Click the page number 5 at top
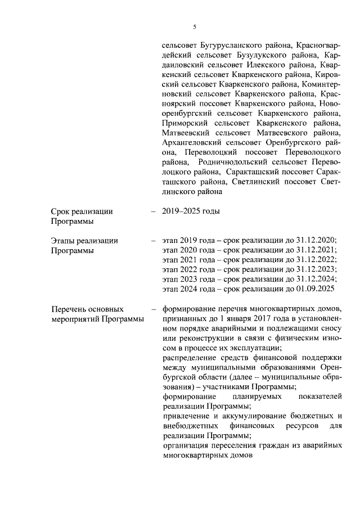(194, 26)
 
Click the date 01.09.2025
(316, 289)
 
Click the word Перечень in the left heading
(69, 308)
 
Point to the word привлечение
(184, 415)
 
